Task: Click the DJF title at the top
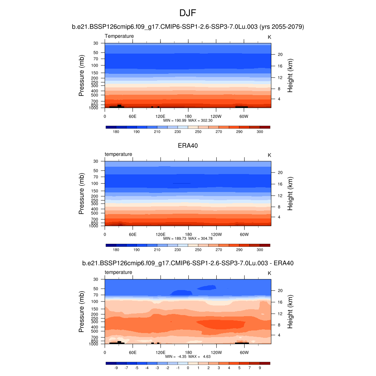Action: (188, 13)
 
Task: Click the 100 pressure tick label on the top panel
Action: (95, 65)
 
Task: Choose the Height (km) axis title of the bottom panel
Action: (290, 312)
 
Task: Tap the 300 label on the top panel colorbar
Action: (260, 131)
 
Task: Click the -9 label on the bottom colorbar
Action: (116, 368)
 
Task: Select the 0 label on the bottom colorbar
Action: (188, 368)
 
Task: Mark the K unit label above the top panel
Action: (269, 37)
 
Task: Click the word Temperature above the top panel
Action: (119, 36)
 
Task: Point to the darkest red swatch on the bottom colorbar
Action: (265, 363)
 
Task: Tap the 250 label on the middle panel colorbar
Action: (198, 250)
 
